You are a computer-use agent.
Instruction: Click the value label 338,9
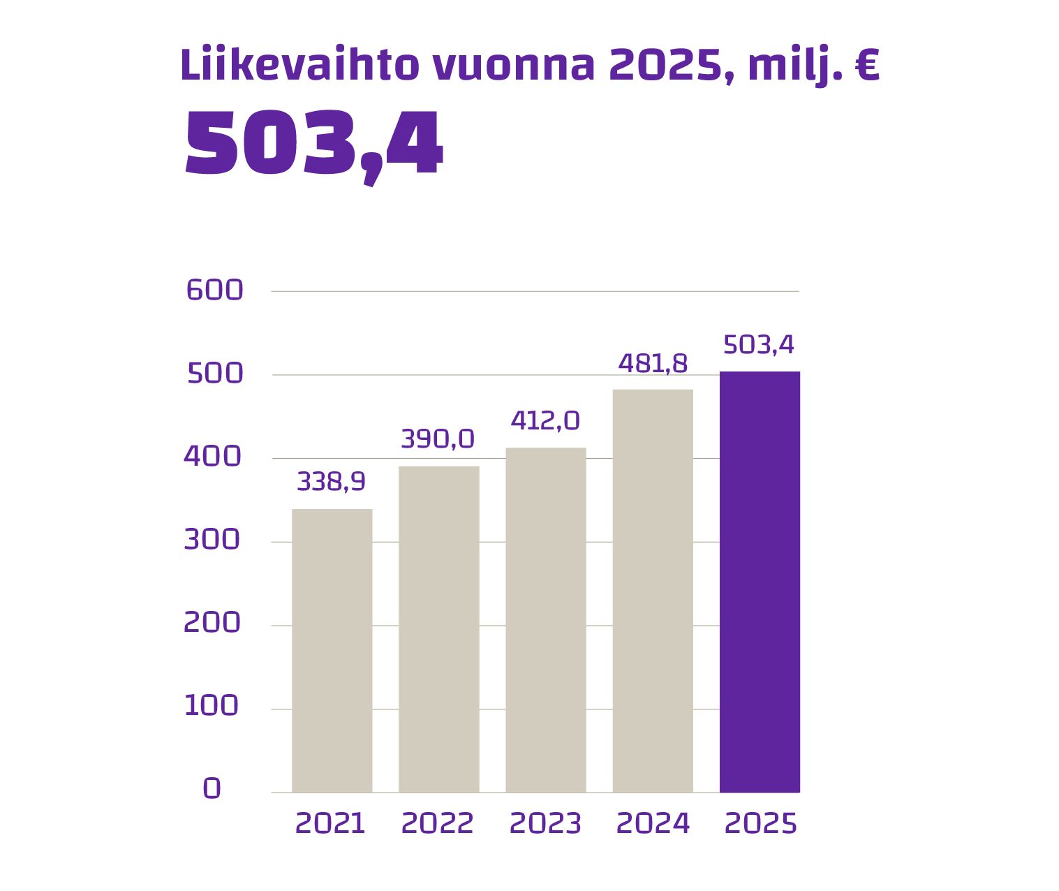point(332,482)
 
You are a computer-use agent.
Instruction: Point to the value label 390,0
point(438,439)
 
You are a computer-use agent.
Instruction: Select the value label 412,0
point(545,421)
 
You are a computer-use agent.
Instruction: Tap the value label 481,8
point(653,364)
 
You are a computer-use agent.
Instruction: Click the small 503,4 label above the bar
point(759,345)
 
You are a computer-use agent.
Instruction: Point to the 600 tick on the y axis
point(215,290)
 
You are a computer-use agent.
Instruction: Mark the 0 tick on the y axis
point(212,788)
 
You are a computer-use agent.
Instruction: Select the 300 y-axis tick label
point(212,540)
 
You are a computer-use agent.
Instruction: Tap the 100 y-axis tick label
point(212,706)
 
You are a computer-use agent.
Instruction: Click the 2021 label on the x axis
point(330,824)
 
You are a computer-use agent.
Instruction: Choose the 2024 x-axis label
point(653,824)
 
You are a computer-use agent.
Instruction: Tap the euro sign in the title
point(866,66)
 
